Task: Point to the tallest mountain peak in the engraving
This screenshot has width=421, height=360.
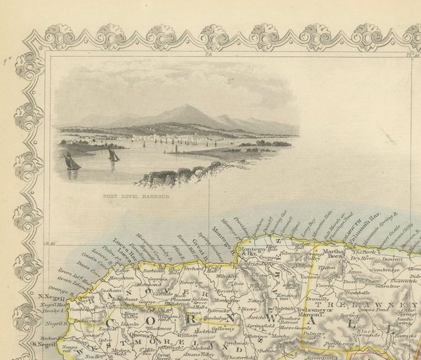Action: pos(185,108)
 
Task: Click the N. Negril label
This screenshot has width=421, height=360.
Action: pos(41,297)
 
